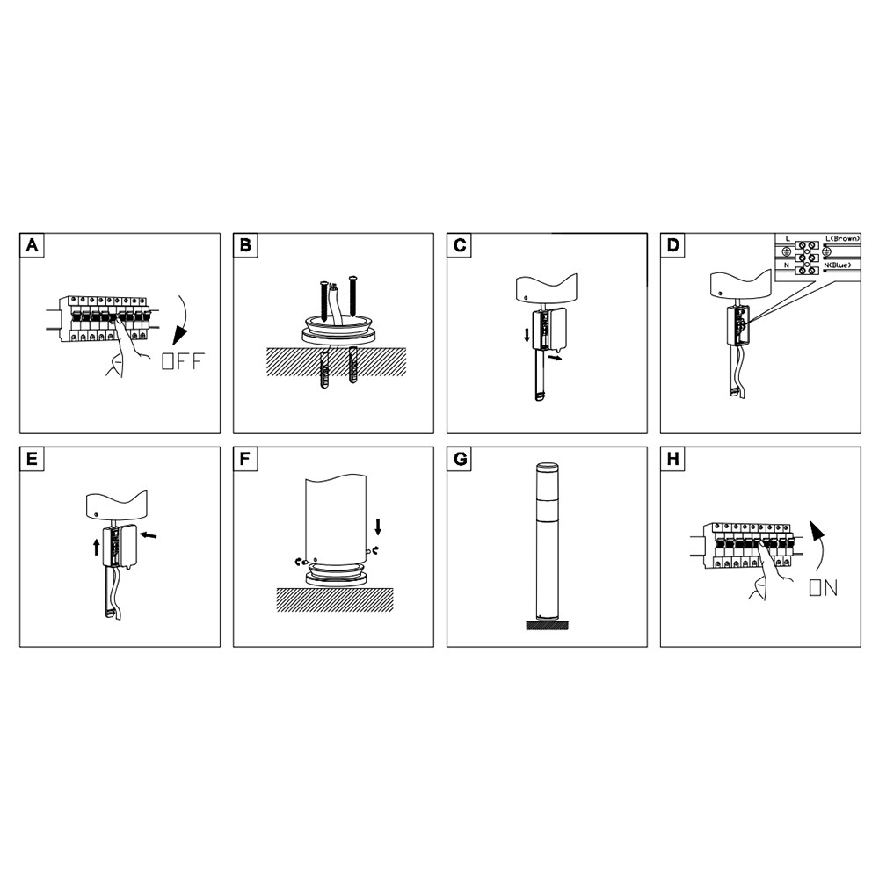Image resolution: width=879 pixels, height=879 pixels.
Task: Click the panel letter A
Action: point(32,245)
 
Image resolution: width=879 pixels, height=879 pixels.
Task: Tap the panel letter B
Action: point(245,245)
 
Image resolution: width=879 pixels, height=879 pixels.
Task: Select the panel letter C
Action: point(460,245)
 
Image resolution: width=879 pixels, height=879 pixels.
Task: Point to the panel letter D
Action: point(673,245)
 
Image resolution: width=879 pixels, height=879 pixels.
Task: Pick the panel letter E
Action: point(32,459)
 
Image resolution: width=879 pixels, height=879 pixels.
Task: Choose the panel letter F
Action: point(245,459)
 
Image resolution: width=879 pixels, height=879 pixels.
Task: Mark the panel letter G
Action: point(460,459)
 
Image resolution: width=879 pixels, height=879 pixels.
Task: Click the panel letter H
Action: point(673,459)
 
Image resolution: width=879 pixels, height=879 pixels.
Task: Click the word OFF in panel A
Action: point(183,361)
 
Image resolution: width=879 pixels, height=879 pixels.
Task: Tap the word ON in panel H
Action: point(824,588)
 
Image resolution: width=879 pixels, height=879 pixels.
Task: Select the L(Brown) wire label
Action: point(843,239)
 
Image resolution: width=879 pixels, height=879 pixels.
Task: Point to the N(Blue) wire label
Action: point(838,265)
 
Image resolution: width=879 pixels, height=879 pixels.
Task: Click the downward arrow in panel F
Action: point(378,527)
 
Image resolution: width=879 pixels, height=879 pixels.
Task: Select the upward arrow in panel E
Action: point(97,547)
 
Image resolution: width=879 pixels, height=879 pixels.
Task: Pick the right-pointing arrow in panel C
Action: point(555,357)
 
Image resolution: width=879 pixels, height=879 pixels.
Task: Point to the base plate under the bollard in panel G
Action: point(547,625)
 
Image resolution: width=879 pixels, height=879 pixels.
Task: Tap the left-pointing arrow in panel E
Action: point(148,535)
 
